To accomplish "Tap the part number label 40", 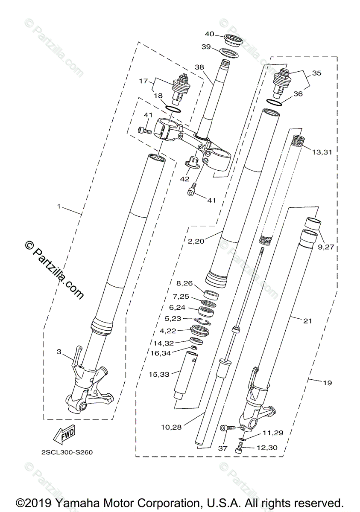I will pyautogui.click(x=209, y=34).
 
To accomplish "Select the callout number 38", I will pyautogui.click(x=200, y=67).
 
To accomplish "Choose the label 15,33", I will pyautogui.click(x=159, y=374).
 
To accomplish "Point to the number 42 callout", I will pyautogui.click(x=184, y=179).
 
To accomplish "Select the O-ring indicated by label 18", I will pyautogui.click(x=172, y=109).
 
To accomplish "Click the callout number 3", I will pyautogui.click(x=59, y=352).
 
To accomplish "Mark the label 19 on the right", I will pyautogui.click(x=327, y=383).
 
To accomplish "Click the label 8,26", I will pyautogui.click(x=184, y=282).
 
